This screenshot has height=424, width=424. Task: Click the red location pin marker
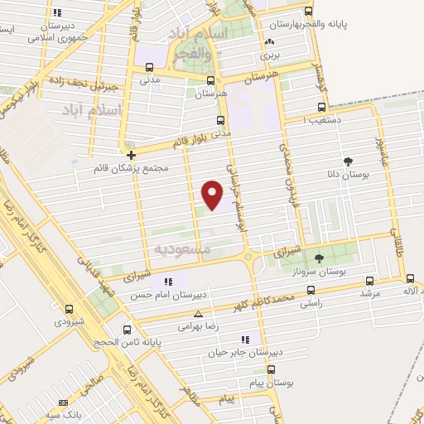tap(213, 195)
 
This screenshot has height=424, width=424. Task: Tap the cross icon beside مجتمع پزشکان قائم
tap(132, 154)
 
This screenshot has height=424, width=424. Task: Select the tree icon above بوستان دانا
tap(347, 161)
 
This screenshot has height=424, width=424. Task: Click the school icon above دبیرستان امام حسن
tap(171, 282)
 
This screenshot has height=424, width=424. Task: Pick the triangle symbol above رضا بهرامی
tap(198, 315)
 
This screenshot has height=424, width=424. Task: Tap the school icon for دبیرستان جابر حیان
tap(245, 339)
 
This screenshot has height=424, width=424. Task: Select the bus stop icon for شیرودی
tap(69, 310)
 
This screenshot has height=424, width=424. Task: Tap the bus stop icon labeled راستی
tap(311, 291)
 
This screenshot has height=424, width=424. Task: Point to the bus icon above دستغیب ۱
tap(322, 107)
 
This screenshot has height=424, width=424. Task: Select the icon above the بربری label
tap(268, 42)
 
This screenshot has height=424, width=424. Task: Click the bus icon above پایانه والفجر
tap(309, 12)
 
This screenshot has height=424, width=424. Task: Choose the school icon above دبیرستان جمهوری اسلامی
tap(56, 13)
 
